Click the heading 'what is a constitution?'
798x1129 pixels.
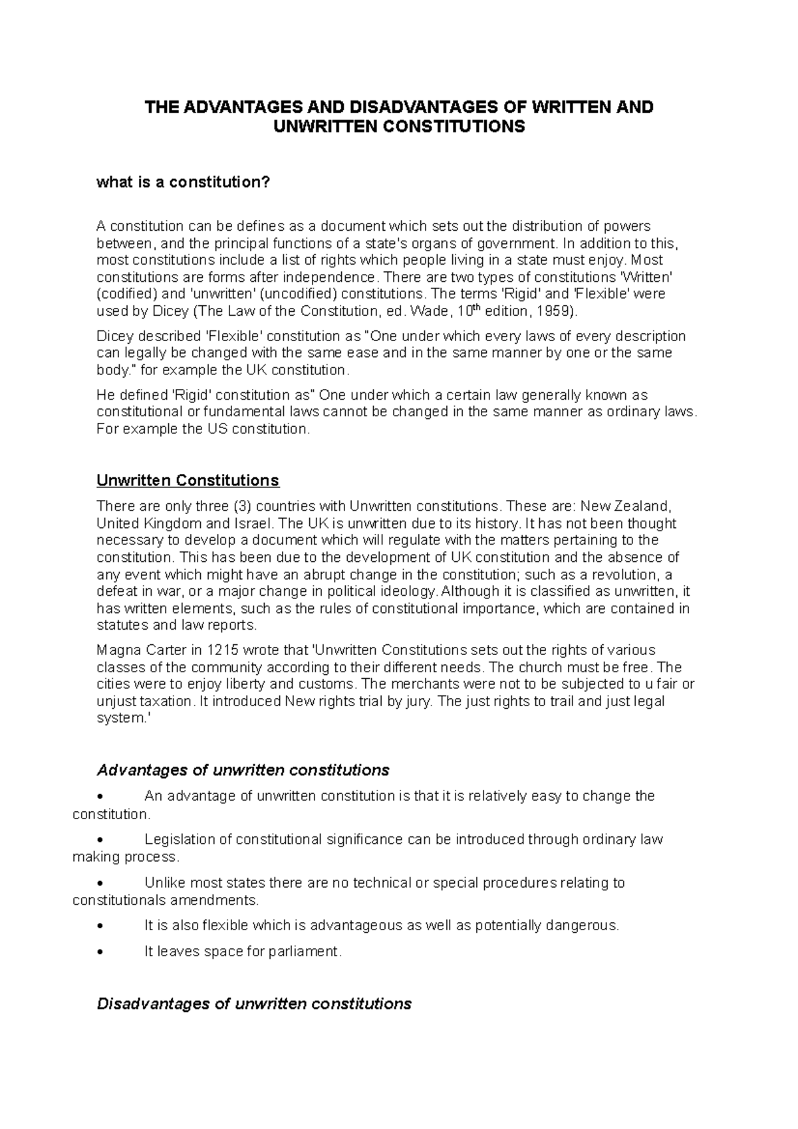pos(184,182)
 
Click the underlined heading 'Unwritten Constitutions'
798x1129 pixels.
pos(188,480)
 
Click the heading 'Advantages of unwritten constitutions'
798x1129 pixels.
pos(243,770)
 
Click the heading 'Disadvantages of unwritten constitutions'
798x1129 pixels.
pos(254,1004)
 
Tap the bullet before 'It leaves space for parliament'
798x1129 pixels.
pos(100,952)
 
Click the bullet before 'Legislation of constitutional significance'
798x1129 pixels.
pos(100,840)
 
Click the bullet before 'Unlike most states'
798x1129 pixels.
pos(100,884)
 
